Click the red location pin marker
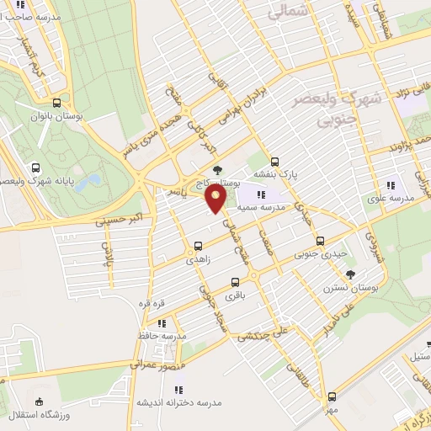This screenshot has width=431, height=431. [x=217, y=200]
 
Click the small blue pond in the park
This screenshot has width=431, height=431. [x=92, y=179]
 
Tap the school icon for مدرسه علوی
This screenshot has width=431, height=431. [x=390, y=185]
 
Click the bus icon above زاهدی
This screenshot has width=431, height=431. [x=198, y=247]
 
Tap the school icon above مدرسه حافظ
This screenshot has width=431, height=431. [x=162, y=322]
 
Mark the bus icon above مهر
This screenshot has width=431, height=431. [x=333, y=396]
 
